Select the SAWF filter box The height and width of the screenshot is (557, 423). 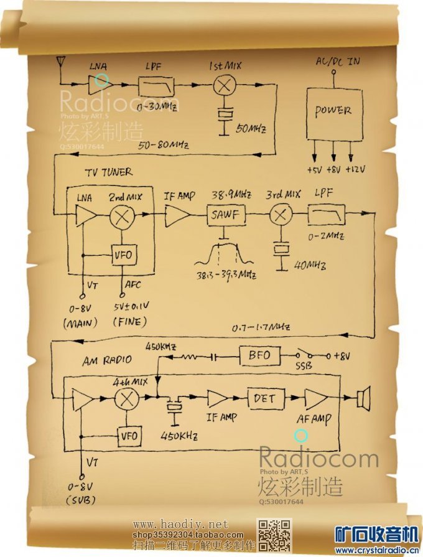click(226, 215)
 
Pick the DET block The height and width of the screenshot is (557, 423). click(265, 398)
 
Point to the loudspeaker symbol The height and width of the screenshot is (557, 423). click(363, 398)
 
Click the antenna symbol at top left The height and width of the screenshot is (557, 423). click(60, 61)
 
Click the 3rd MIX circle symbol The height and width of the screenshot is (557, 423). click(280, 215)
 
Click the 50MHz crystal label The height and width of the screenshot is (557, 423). click(251, 129)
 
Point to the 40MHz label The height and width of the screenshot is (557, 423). click(311, 266)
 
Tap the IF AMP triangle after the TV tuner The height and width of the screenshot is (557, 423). click(178, 216)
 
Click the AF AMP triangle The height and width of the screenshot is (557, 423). click(315, 398)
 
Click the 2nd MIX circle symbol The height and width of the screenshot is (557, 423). click(123, 217)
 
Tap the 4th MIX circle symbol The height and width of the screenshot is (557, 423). click(128, 399)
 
